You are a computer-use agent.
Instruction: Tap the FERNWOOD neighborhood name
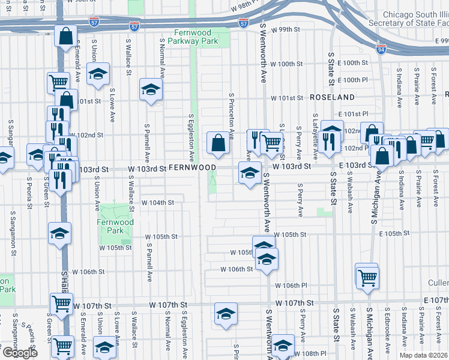coord(191,167)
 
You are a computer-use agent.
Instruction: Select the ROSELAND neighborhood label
coord(333,97)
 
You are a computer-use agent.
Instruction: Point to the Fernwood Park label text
coord(110,226)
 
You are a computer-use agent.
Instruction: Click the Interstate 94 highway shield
coord(381,47)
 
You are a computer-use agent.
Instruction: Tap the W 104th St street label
coord(157,203)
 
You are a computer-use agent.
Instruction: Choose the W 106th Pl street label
coord(291,285)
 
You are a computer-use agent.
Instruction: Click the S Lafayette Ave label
coord(315,130)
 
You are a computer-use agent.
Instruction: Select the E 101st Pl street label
coord(352,113)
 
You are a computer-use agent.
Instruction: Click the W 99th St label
coord(285,29)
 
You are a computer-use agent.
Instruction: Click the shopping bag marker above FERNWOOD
coord(218,143)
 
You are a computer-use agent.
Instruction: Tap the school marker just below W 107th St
coord(226,314)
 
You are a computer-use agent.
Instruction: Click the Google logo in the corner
coord(20,353)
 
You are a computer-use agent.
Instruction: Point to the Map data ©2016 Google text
coord(423,355)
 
